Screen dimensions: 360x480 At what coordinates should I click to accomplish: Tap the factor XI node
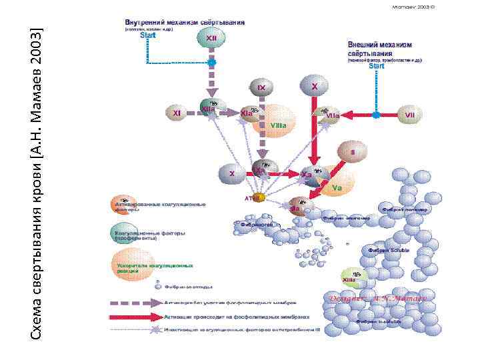point(177,113)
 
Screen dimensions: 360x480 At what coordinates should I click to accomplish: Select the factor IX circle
point(262,87)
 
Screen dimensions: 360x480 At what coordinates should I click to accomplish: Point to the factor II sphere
point(351,151)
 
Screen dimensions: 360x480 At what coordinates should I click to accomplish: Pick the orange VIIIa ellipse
point(276,124)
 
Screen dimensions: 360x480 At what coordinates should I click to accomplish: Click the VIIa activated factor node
point(329,114)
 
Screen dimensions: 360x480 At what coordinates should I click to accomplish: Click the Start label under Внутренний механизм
point(147,36)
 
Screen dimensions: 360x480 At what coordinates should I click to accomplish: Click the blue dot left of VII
point(376,115)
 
